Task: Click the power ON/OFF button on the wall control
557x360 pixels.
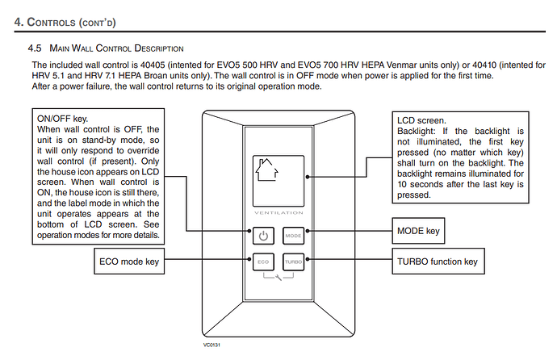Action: coord(263,236)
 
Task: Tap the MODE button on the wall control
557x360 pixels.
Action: coord(293,236)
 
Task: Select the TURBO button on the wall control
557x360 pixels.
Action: coord(293,262)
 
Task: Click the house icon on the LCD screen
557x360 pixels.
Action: coord(266,170)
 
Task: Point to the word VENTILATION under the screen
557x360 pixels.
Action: coord(278,213)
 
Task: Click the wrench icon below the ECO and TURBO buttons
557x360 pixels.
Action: coord(278,278)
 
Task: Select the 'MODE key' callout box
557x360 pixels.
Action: coord(418,231)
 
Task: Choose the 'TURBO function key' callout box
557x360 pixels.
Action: coord(438,262)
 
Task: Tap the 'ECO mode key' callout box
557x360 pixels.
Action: coord(129,262)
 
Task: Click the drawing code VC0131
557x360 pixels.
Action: coord(211,345)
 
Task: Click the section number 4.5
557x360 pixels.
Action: coord(35,48)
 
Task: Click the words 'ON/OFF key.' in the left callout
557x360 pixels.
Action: coord(62,119)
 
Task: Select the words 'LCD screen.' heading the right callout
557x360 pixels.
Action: coord(421,121)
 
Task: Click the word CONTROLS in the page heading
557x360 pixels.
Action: coord(51,22)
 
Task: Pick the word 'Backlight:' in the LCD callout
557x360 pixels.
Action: coord(416,132)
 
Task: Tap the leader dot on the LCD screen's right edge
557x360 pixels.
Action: coord(308,177)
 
